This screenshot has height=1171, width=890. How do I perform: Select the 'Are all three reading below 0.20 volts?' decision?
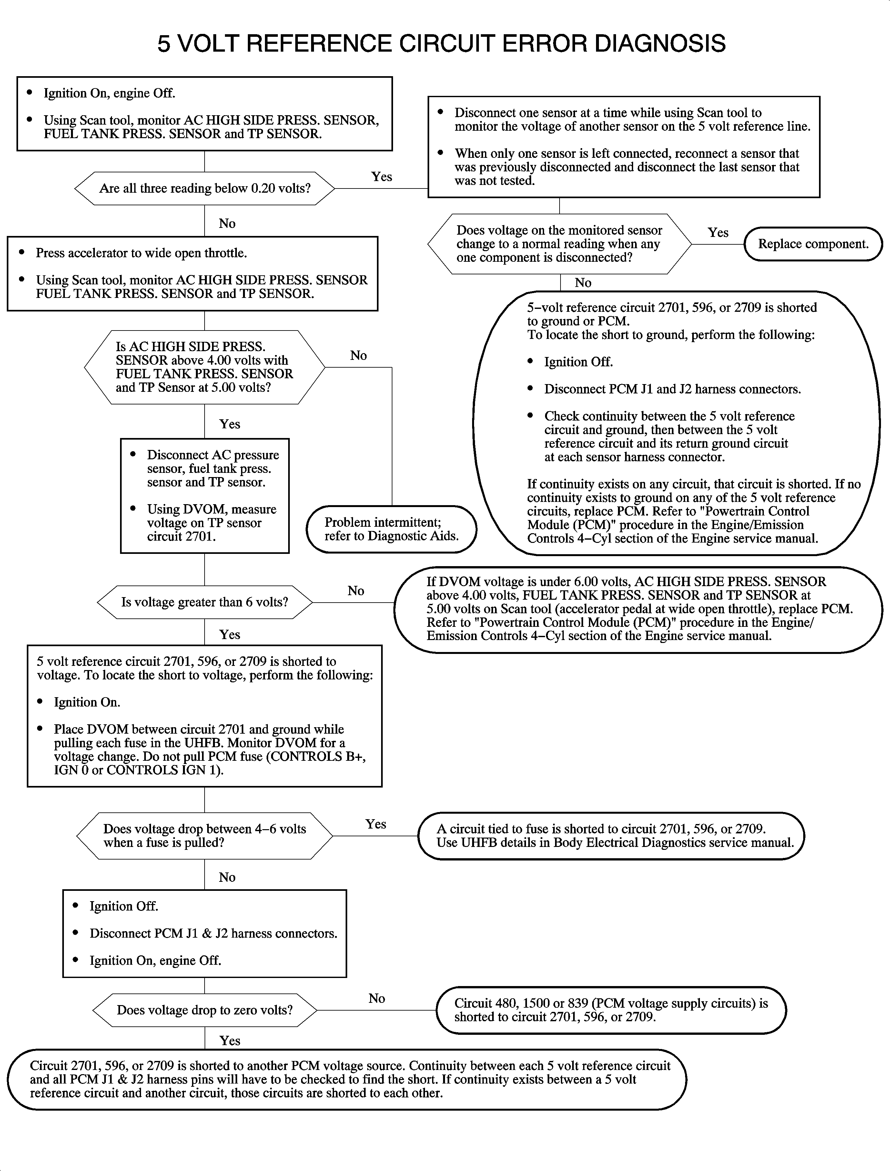(205, 188)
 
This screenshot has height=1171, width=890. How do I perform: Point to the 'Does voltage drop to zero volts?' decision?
(205, 1010)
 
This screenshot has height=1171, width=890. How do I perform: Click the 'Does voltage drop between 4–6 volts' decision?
(205, 836)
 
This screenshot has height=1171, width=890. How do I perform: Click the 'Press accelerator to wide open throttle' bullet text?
(141, 253)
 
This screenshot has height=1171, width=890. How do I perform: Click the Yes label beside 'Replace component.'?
(718, 233)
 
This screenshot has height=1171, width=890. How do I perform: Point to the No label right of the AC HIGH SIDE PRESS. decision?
(358, 356)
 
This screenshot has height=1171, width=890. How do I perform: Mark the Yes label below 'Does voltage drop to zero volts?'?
(229, 1041)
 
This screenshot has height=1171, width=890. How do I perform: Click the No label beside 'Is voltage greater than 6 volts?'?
(356, 591)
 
